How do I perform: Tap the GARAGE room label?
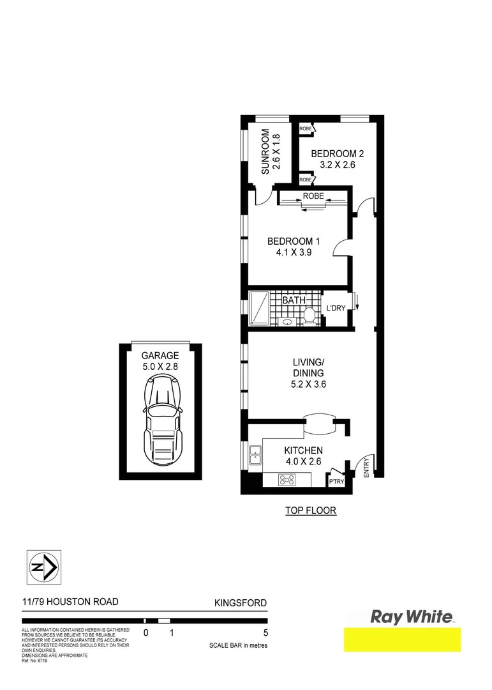coord(160,356)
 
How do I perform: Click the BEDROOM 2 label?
coord(337,154)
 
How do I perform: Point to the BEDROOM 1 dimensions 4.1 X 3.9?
coord(293,252)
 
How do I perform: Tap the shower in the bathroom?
coord(259,309)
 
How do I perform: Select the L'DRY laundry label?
coord(336,309)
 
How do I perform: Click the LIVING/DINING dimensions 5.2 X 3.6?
coord(308,384)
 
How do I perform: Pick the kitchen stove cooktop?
coord(288,479)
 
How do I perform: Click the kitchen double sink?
coord(255,454)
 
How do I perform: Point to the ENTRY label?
coord(366,466)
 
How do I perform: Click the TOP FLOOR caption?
coord(310,510)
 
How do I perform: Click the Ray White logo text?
coord(412,617)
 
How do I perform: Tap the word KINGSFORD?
coord(240,602)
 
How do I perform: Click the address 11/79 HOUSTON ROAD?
coord(70,602)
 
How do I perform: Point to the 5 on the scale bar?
coord(265,633)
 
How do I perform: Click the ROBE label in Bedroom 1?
coord(313,196)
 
